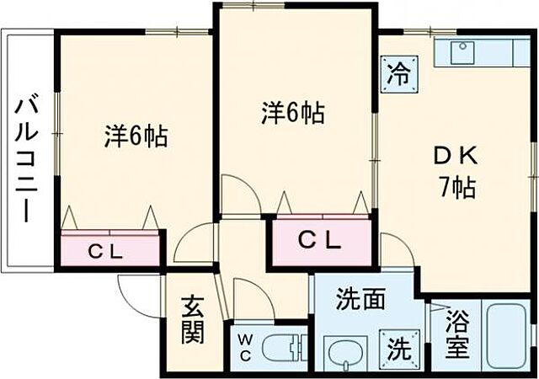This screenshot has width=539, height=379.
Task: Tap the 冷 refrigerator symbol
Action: click(x=398, y=72)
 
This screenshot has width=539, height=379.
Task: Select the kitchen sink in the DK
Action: click(x=462, y=52)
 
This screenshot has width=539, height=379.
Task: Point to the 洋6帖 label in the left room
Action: click(x=136, y=135)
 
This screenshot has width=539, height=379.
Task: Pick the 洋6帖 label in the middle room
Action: click(x=292, y=113)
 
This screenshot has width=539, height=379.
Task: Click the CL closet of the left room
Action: click(x=109, y=250)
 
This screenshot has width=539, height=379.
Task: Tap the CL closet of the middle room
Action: click(x=321, y=241)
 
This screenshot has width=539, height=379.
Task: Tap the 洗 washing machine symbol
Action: click(x=396, y=345)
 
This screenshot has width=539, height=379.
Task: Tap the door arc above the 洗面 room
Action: click(x=396, y=250)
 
